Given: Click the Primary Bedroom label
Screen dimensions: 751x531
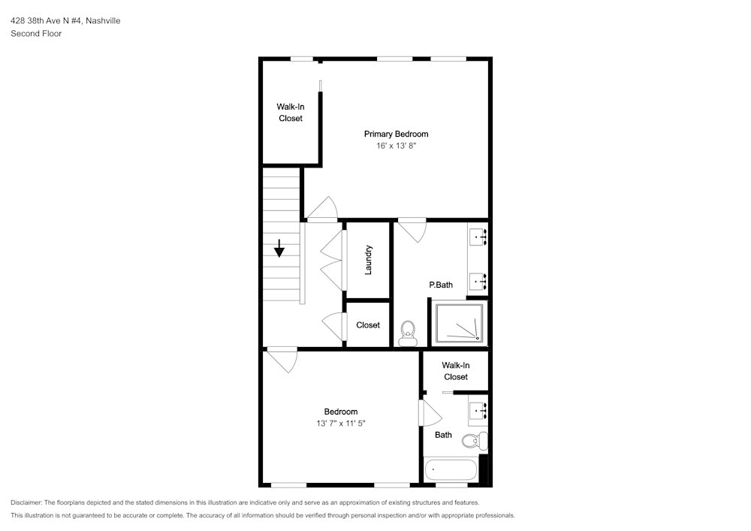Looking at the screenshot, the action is coord(396,134).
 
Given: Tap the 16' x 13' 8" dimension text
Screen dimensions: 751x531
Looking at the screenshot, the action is coord(396,146).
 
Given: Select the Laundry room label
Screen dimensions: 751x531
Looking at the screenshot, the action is coord(368,260).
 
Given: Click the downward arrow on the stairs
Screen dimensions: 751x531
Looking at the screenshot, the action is coord(279,249).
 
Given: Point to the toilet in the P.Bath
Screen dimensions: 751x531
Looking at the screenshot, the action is coord(408,333).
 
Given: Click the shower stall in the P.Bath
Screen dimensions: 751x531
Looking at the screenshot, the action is coord(459,323).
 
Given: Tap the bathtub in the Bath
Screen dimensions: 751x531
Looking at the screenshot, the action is coord(451,469).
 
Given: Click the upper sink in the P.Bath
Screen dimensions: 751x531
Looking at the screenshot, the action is coord(478,237).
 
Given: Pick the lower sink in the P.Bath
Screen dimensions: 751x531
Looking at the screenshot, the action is coord(478,282).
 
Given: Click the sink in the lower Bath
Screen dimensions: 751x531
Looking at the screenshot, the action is coord(478,411).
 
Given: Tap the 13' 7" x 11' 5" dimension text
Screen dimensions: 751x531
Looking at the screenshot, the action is coord(340,424).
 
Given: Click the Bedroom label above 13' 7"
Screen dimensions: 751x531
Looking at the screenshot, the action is coord(340,412).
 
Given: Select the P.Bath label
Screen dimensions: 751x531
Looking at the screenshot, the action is coord(441,285).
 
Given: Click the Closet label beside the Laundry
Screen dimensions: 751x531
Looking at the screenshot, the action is coord(368,325).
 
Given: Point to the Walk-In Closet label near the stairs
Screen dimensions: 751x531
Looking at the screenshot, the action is coord(291,113).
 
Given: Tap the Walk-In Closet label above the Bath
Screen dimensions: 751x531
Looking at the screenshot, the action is coord(456,371).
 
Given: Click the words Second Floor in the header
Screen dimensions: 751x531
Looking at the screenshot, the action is coord(36,34).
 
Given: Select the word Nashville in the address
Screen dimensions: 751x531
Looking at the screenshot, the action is coord(103,20).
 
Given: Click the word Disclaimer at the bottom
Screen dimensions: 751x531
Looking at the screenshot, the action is coord(26,502).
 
